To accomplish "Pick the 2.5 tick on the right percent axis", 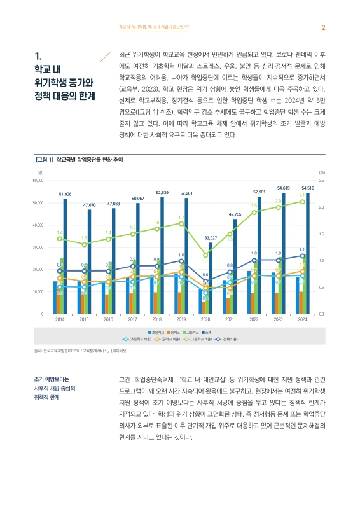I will pos(322,181).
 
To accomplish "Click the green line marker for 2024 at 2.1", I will pos(302,202).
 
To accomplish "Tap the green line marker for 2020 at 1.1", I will pos(205,255).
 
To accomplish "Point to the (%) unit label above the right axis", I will pos(322,172).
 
